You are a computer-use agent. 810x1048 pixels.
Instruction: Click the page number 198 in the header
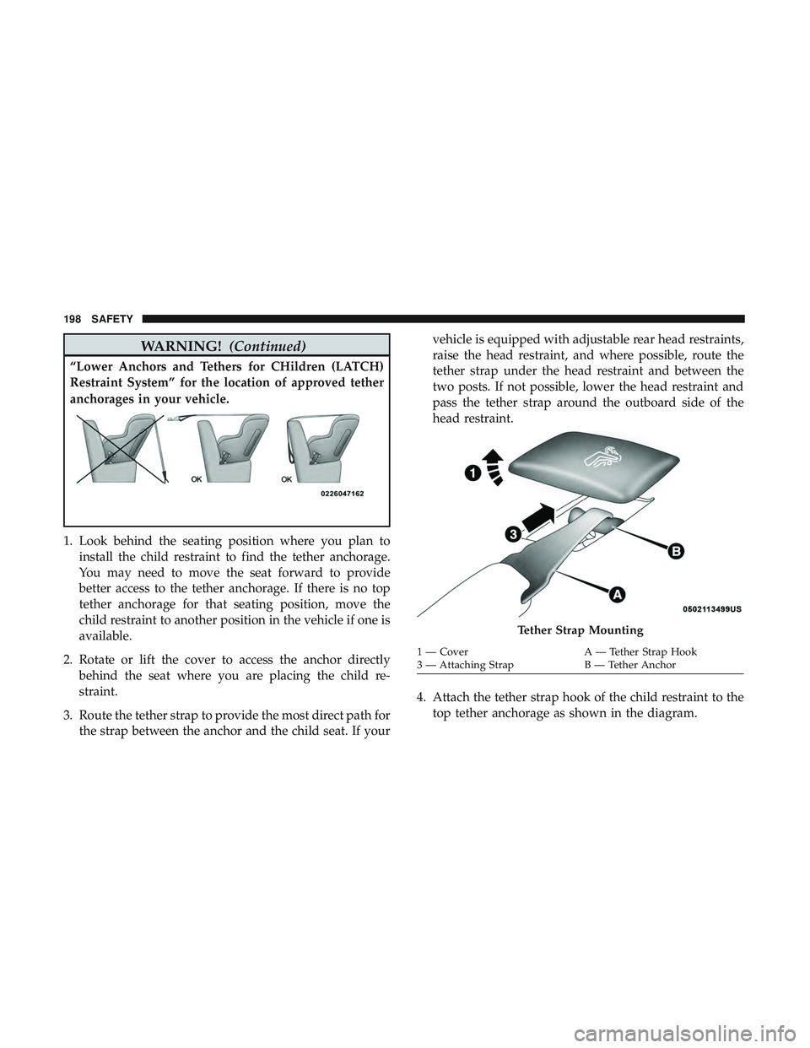coord(71,319)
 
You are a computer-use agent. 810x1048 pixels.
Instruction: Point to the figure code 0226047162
coord(342,494)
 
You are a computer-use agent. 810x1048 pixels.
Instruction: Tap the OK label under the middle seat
coord(197,479)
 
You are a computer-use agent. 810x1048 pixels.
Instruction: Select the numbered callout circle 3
coord(515,534)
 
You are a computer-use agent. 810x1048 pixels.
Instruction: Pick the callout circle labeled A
coord(617,595)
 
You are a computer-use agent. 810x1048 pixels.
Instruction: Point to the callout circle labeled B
coord(676,551)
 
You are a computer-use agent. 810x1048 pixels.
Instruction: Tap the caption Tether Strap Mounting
coord(580,630)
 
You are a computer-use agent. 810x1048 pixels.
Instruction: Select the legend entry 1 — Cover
coord(444,652)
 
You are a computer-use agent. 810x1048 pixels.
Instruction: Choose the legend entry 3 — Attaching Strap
coord(467,665)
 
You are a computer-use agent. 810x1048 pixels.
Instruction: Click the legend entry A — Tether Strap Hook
coord(640,652)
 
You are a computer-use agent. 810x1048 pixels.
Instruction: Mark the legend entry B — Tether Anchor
coord(630,665)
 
